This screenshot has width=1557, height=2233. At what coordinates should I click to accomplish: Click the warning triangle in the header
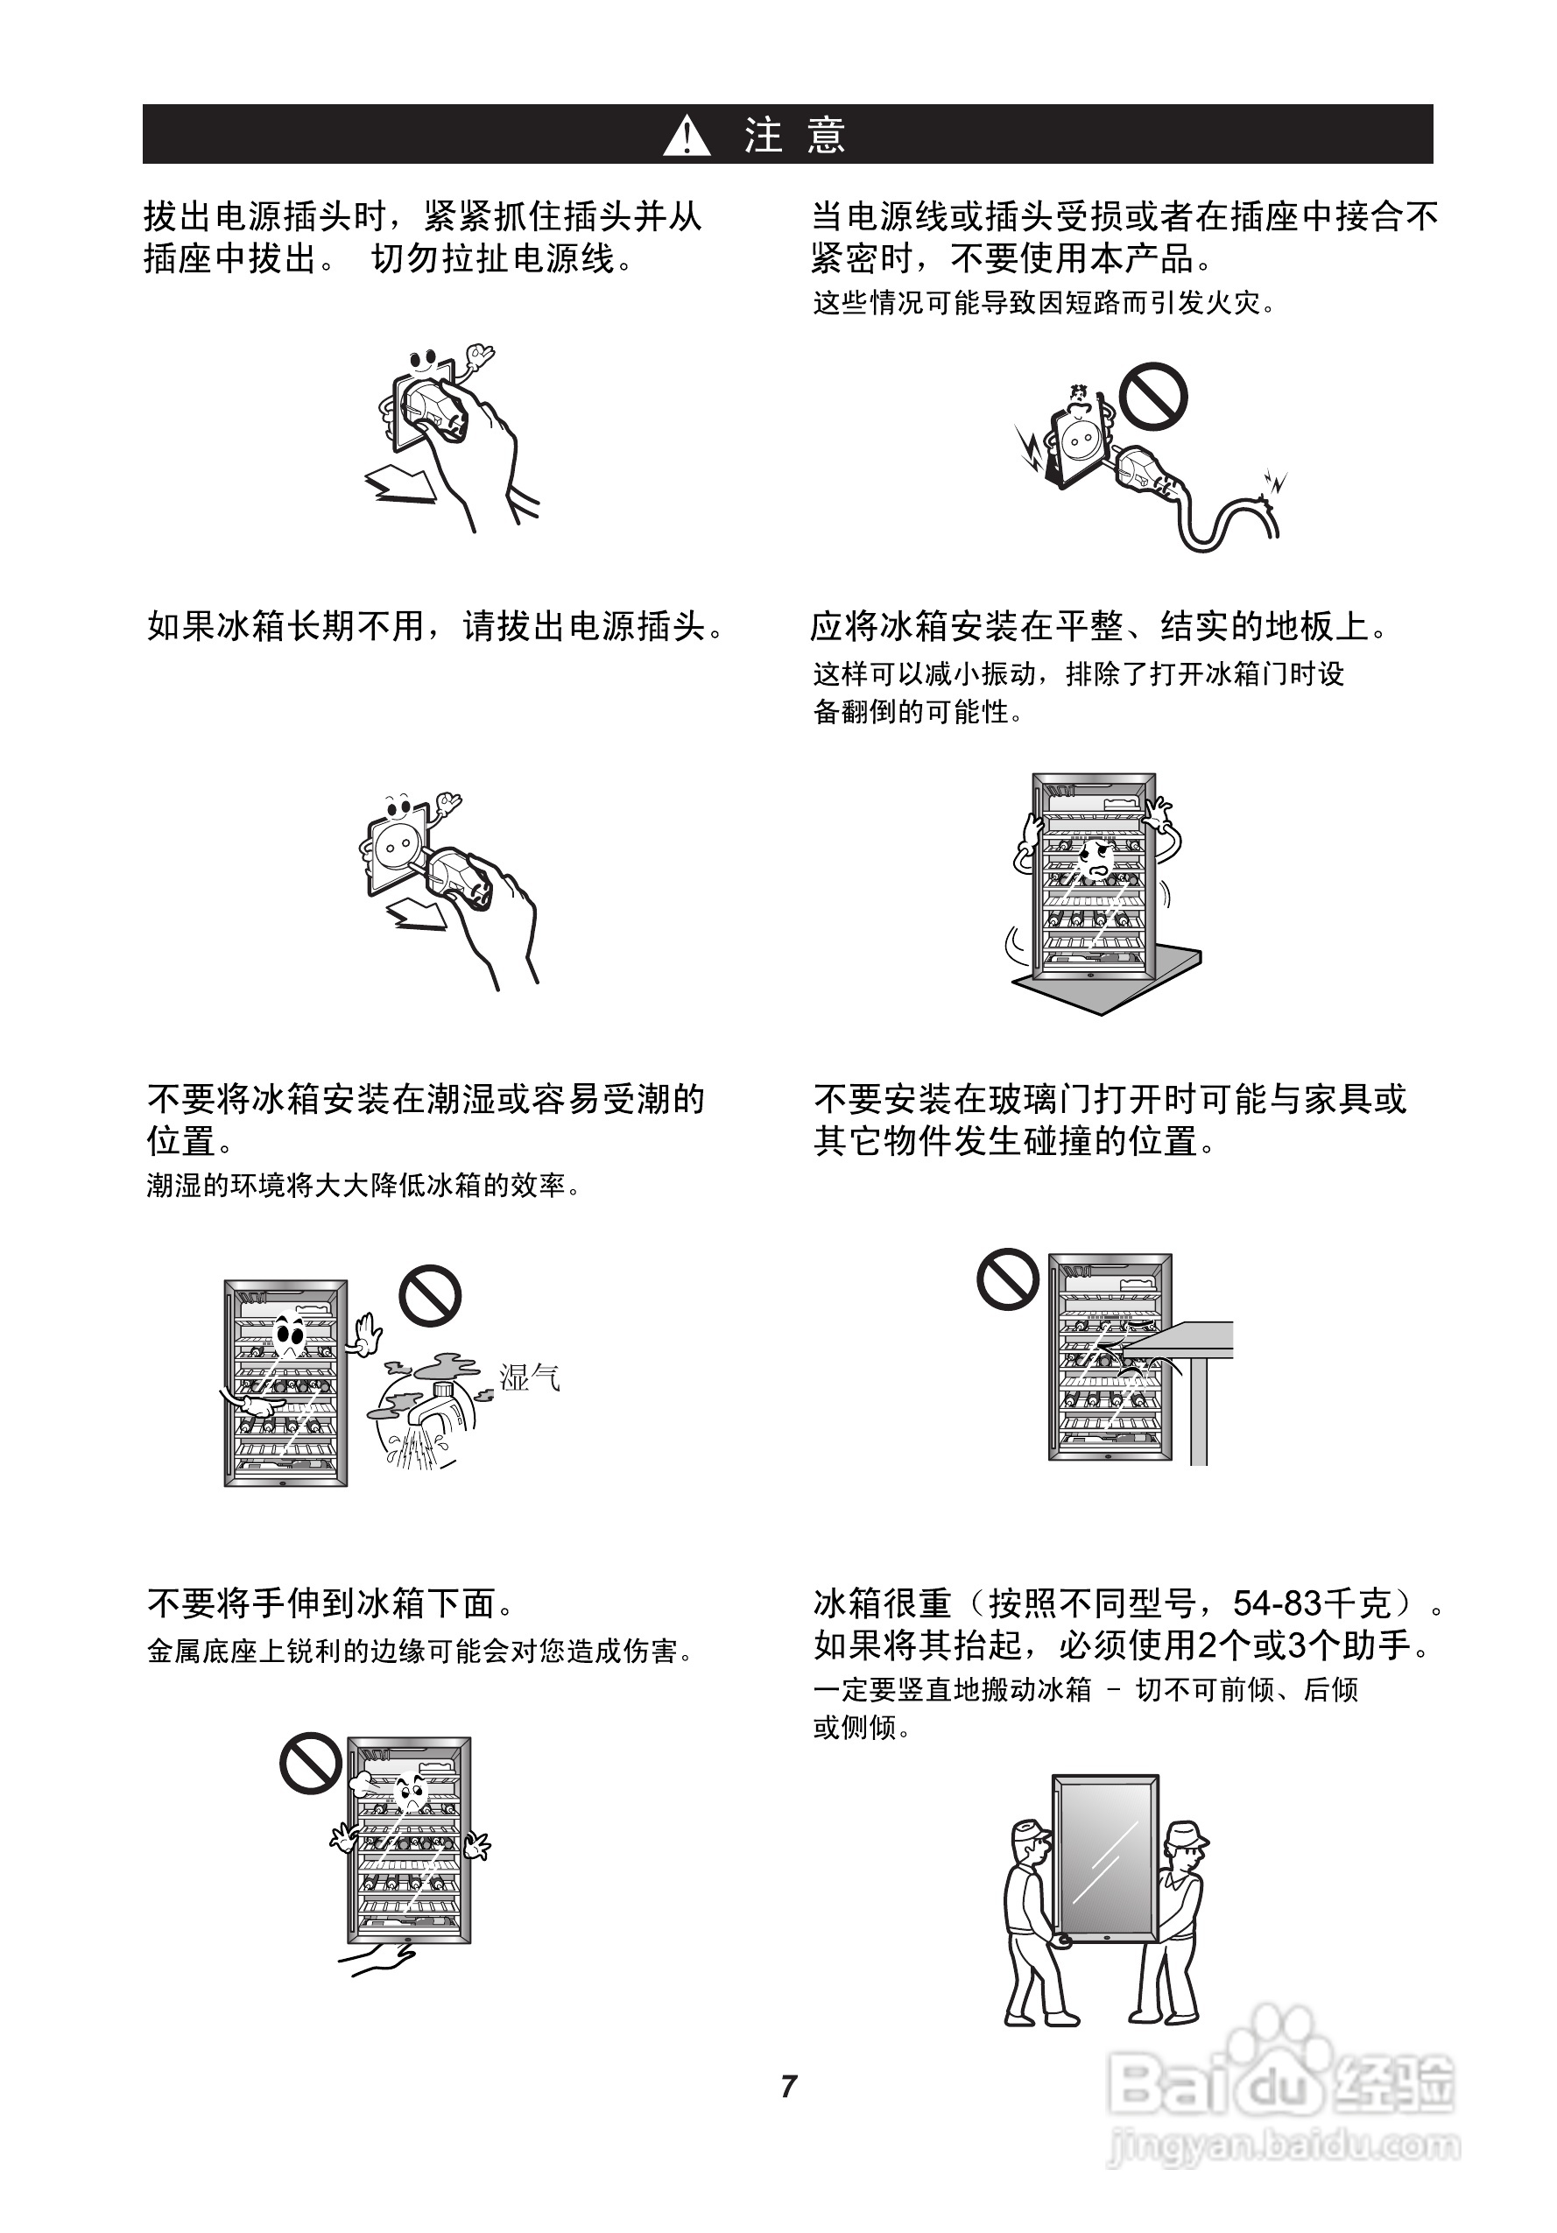tap(687, 135)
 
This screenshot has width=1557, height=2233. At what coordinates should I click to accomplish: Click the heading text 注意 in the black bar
tap(794, 135)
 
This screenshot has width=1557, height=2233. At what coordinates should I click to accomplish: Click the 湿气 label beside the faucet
tap(529, 1377)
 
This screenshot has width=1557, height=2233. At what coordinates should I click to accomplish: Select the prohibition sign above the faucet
tap(430, 1294)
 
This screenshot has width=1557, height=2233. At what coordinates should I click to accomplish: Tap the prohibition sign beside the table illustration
tap(1009, 1279)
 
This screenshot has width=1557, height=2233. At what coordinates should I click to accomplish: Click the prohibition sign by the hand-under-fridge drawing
tap(311, 1764)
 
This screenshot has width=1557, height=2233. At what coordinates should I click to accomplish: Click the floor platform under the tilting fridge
tap(1109, 983)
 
